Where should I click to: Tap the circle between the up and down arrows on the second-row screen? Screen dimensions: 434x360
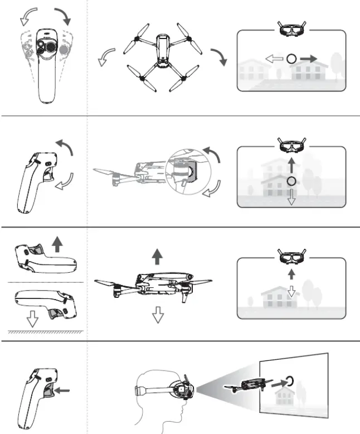pyautogui.click(x=290, y=181)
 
